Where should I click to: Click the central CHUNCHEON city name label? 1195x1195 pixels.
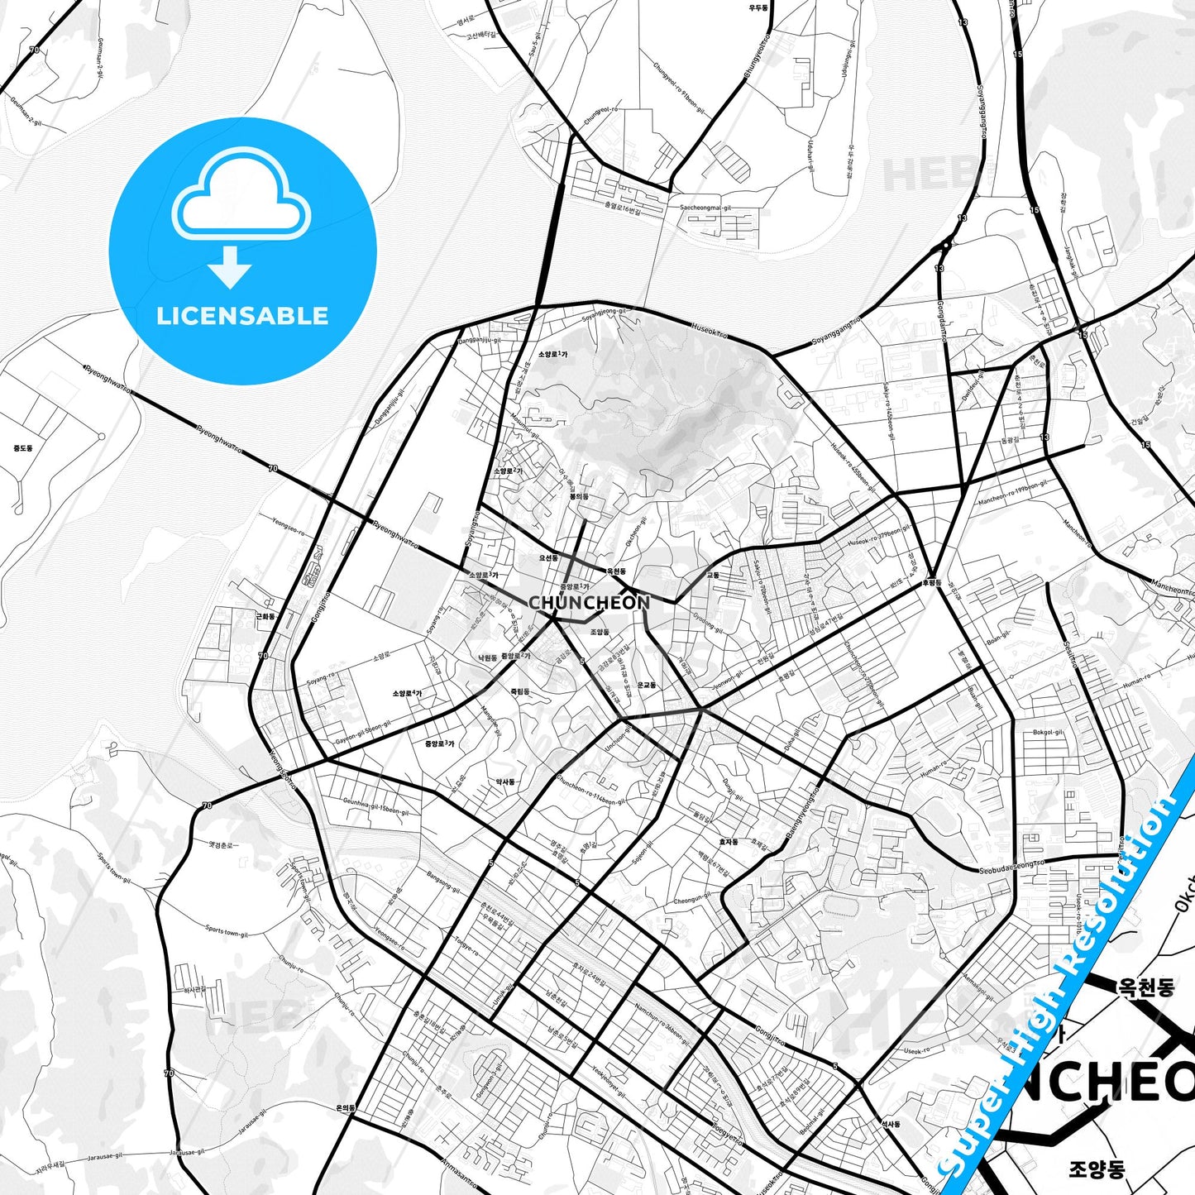[589, 603]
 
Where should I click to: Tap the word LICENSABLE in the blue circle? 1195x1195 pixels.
[242, 316]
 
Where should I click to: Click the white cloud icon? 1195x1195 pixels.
[241, 195]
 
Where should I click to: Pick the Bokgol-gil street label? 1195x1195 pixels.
[1048, 733]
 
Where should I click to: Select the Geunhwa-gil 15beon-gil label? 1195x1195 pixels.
[375, 806]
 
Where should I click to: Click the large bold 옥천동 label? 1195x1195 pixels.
[1146, 987]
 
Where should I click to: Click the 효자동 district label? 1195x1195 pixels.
[728, 842]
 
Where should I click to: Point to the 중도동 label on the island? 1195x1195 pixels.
[23, 448]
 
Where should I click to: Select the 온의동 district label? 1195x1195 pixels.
[346, 1107]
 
